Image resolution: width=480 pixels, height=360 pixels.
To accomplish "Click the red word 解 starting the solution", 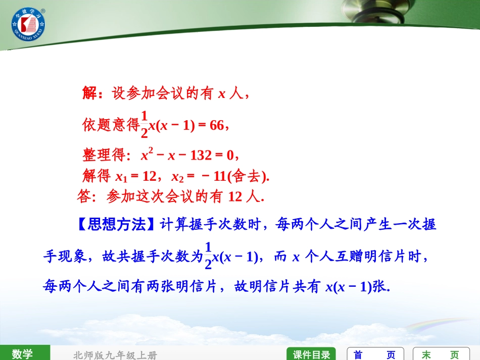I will [89, 93].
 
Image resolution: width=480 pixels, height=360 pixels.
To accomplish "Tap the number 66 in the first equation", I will [216, 125].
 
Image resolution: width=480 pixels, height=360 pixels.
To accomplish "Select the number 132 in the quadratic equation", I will [201, 155].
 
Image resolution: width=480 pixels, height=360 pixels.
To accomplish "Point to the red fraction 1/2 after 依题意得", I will [144, 124].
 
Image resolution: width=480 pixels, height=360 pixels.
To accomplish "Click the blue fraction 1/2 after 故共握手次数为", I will [208, 256].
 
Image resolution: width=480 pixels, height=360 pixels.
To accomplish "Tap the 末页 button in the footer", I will [441, 354].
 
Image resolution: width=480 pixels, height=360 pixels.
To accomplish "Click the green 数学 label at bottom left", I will [23, 353].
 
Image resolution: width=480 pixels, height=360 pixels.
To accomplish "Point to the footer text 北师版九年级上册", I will [115, 355].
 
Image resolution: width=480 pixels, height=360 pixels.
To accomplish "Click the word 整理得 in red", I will [104, 155].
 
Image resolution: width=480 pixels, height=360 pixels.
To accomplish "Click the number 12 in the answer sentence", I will [235, 196].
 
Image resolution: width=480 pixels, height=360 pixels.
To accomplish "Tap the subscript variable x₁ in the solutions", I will [121, 177].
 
